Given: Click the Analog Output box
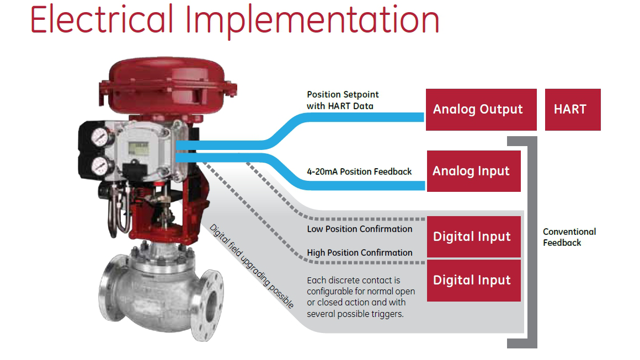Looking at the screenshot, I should pos(481,109).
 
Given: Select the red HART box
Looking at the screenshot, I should pos(572,109).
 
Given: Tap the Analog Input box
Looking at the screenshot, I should pos(473,171).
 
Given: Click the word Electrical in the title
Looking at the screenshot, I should pos(102,20).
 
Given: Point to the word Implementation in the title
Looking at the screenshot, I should pos(312,21).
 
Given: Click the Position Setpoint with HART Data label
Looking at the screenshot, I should pos(342,100).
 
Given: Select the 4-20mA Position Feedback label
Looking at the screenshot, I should pos(359,171).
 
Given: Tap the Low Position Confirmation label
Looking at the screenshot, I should pos(359,229).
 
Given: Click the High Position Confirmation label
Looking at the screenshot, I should pos(359,252).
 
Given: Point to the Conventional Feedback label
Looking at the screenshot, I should pos(569,237).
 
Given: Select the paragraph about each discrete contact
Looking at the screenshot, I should pos(361,297).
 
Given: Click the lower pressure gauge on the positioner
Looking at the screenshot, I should pos(100,164).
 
